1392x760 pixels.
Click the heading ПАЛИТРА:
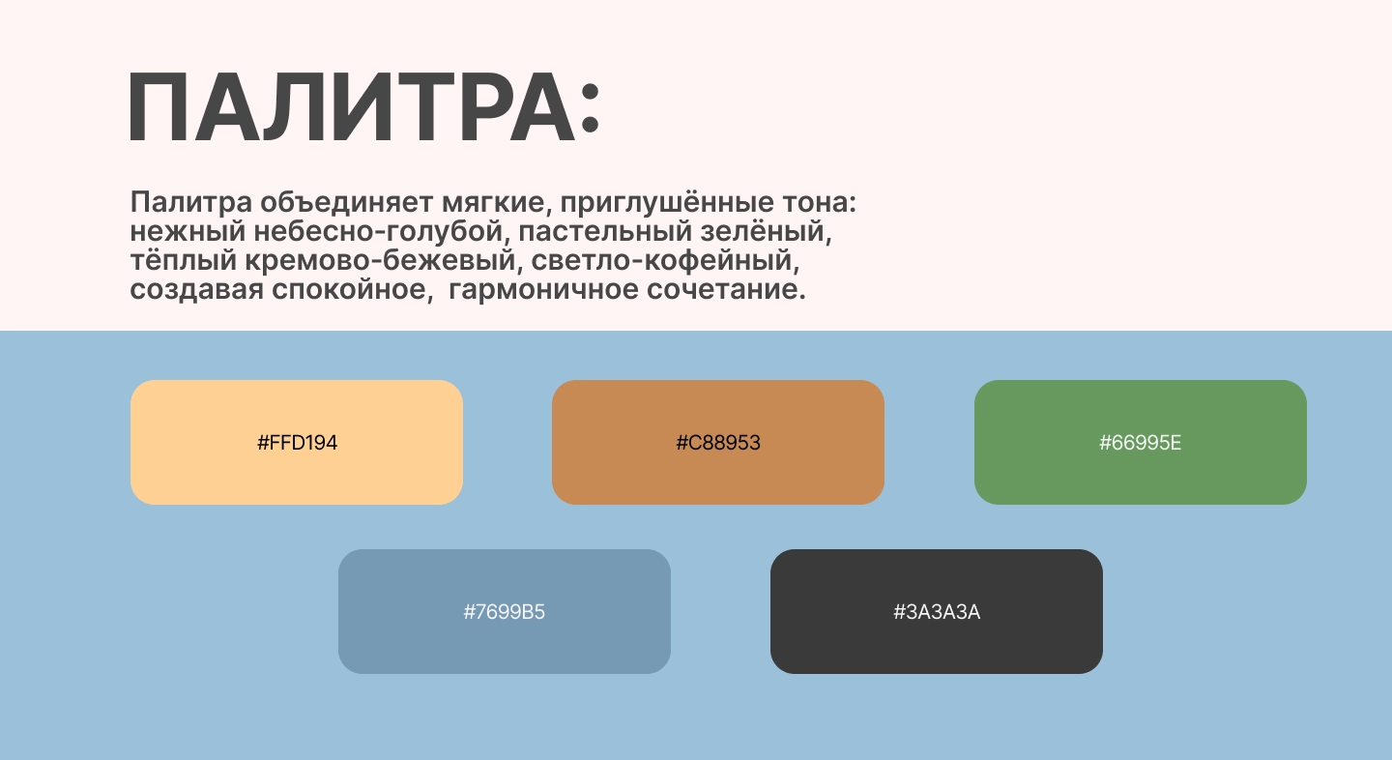[363, 107]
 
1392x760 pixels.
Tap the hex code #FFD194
[297, 443]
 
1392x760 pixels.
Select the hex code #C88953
[717, 443]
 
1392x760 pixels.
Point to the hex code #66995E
[1141, 443]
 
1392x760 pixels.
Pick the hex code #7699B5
[504, 611]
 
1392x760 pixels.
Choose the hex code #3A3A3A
[937, 611]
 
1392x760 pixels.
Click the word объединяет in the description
[346, 203]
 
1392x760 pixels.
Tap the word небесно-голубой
[382, 232]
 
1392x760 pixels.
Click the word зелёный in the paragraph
[766, 232]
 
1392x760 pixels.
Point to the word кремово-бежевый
[380, 260]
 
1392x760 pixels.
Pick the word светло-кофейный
[665, 260]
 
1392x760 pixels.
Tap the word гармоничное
[543, 290]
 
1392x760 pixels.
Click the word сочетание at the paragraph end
[726, 290]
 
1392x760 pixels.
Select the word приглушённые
[667, 203]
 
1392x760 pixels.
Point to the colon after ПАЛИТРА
[590, 107]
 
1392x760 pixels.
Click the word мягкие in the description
[497, 203]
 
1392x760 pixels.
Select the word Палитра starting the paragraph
[190, 203]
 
